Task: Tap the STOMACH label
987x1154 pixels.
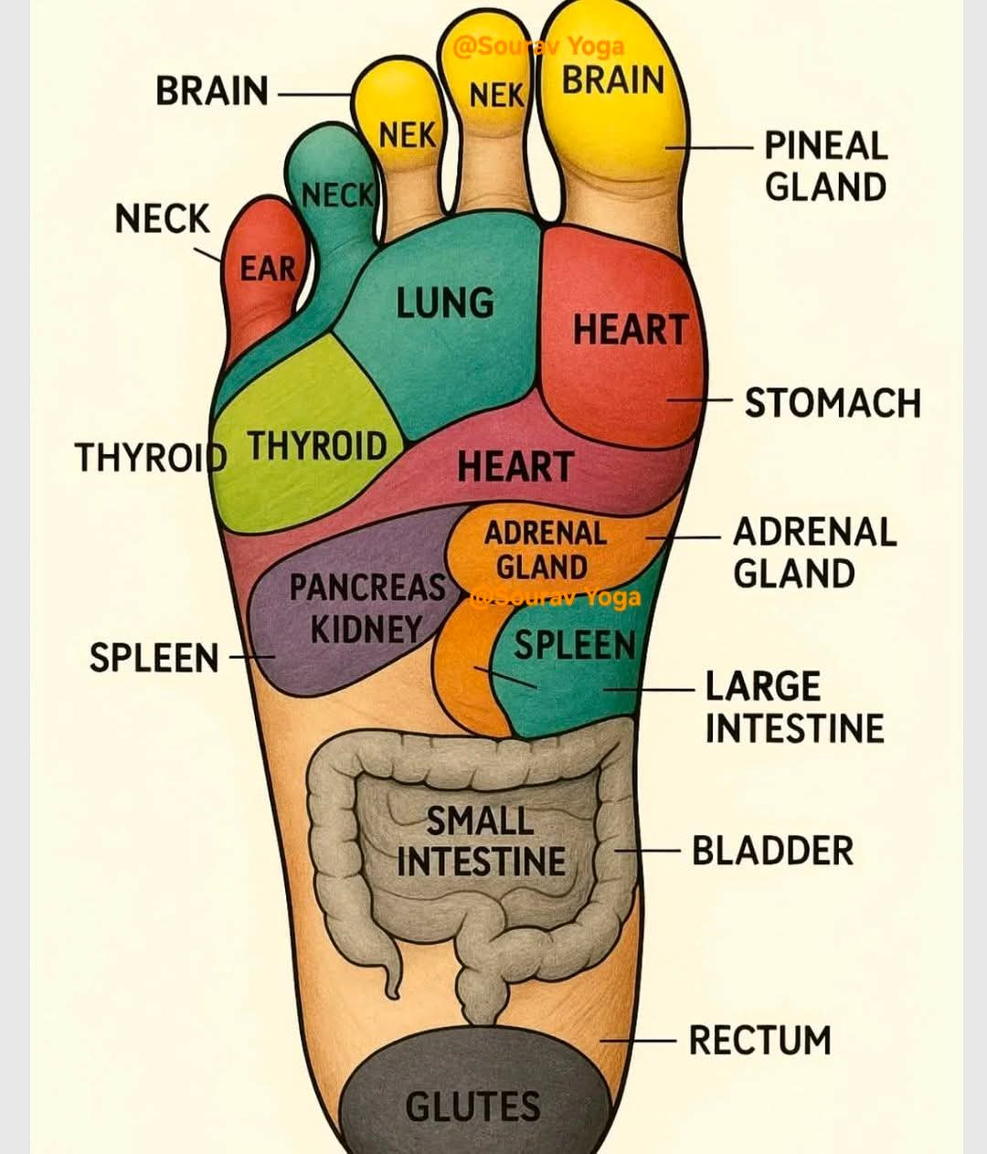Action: tap(833, 403)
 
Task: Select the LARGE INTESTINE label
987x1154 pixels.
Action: tap(794, 707)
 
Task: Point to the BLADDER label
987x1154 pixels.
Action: tap(772, 851)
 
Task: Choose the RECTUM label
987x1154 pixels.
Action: tap(759, 1041)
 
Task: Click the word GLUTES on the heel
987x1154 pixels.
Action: tap(472, 1106)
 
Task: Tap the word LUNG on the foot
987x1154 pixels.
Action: tap(445, 303)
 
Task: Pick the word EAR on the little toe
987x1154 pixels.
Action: tap(268, 269)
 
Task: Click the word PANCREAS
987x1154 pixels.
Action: tap(367, 588)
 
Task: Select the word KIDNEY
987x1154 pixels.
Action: tap(366, 630)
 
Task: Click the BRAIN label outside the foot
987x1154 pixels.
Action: tap(212, 91)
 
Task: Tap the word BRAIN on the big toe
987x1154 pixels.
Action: tap(612, 80)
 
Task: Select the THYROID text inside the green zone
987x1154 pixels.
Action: tap(317, 447)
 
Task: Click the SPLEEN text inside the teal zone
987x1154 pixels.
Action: tap(574, 645)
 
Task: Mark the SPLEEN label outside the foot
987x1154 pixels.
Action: tap(154, 658)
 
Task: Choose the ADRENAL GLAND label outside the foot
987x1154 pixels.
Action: tap(814, 553)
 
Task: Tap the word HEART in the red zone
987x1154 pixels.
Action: tap(630, 330)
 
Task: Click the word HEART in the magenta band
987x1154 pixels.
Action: tap(515, 467)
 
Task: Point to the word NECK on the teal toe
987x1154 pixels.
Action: tap(337, 195)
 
